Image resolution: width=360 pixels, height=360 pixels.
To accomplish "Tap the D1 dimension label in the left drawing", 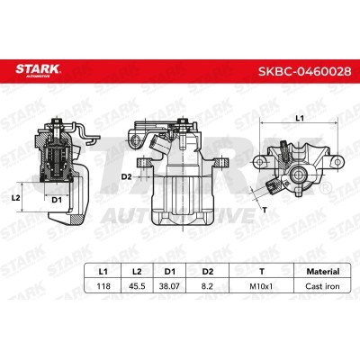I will [56, 200].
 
